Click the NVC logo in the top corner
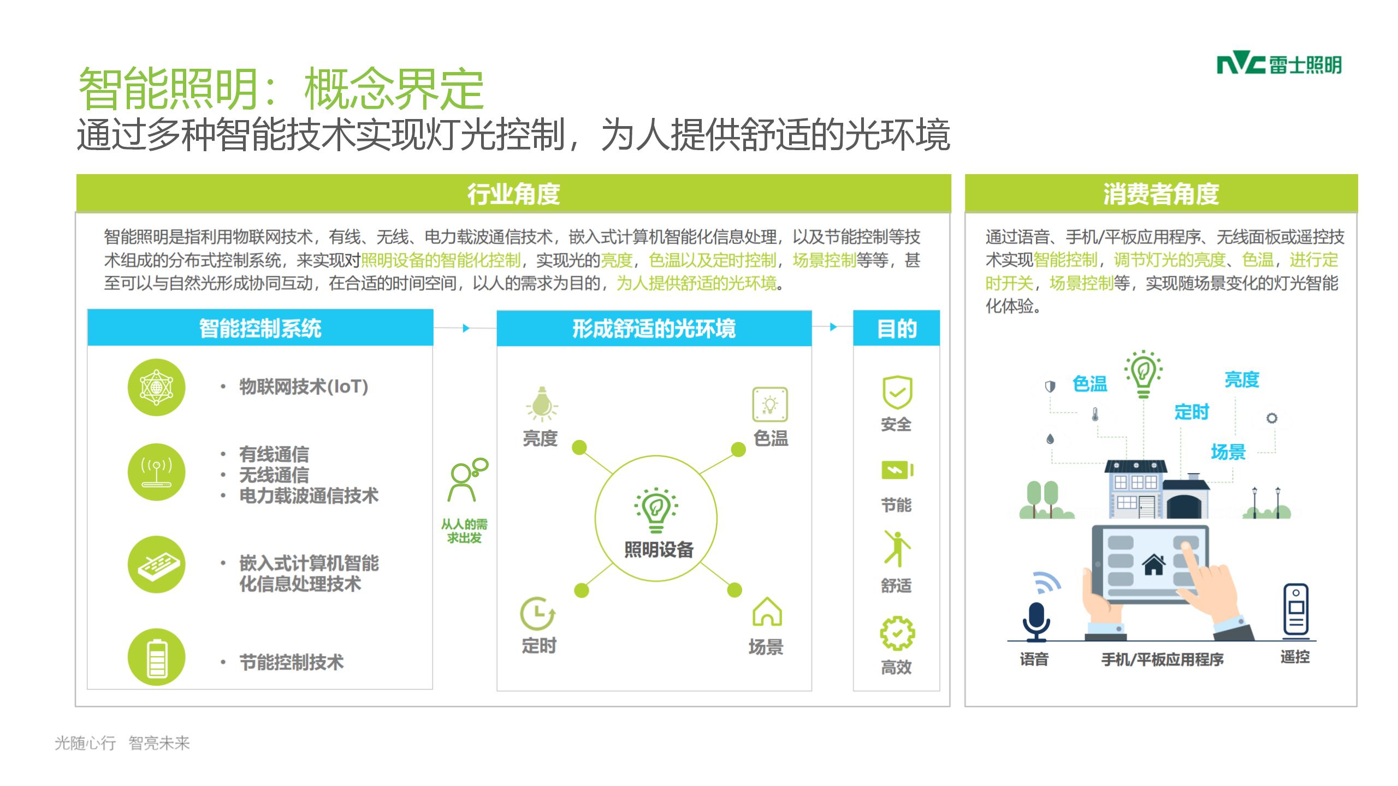1278,65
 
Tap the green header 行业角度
513,193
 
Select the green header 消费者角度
1161,193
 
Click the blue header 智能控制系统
260,327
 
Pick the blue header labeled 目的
896,327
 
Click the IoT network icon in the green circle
157,387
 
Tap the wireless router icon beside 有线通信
157,472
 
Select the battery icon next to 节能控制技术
157,657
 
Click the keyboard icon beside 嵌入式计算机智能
157,564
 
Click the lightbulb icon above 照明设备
655,510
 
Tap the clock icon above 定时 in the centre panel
538,614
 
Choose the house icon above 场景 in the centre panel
767,611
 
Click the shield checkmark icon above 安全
897,392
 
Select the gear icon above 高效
897,633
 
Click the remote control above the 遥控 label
1296,610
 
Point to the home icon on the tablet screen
1154,564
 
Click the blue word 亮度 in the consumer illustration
1241,379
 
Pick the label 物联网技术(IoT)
304,386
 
